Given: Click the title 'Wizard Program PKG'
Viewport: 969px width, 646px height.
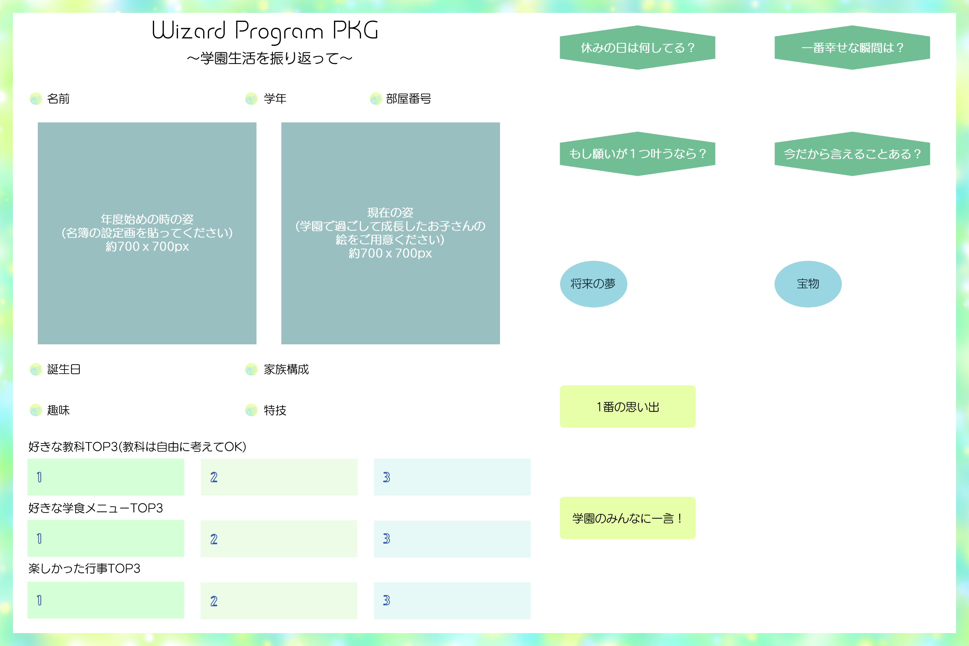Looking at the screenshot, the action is click(x=265, y=31).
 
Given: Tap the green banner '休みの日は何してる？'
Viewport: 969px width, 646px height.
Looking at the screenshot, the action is click(x=637, y=48).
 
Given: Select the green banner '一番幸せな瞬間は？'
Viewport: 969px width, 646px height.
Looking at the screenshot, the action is click(x=852, y=48).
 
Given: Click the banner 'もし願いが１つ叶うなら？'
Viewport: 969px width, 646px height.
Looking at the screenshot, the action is click(x=637, y=154).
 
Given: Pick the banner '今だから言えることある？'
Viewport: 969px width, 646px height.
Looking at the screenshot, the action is click(x=852, y=154).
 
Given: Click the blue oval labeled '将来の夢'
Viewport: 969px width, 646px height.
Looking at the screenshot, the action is click(x=593, y=284).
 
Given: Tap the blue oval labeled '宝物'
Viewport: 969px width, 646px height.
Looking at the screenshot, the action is click(x=808, y=284).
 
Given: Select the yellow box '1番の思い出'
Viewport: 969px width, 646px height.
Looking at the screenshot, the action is click(x=628, y=407).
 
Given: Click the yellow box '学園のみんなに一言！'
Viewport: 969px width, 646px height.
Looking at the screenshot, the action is click(x=628, y=518).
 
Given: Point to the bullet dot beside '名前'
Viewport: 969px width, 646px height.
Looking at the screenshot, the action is click(x=36, y=99).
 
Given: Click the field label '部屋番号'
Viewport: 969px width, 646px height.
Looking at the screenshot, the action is click(x=408, y=99).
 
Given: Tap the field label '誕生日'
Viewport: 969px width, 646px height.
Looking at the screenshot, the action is click(x=64, y=369).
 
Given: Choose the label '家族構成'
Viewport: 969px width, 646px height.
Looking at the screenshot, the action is click(x=286, y=369).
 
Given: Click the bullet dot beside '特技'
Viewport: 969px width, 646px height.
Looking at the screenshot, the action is click(x=251, y=410).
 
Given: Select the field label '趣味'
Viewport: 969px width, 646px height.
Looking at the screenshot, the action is click(x=58, y=410).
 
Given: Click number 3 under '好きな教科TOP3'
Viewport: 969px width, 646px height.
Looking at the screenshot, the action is click(x=386, y=477).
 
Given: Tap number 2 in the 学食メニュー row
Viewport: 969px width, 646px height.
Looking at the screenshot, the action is click(x=214, y=539).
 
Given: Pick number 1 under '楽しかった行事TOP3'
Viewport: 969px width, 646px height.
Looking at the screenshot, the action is click(x=39, y=600).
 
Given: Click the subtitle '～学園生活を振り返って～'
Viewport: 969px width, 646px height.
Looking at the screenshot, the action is click(x=269, y=58).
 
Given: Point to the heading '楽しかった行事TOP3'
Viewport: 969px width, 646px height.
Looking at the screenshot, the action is click(x=84, y=568).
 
